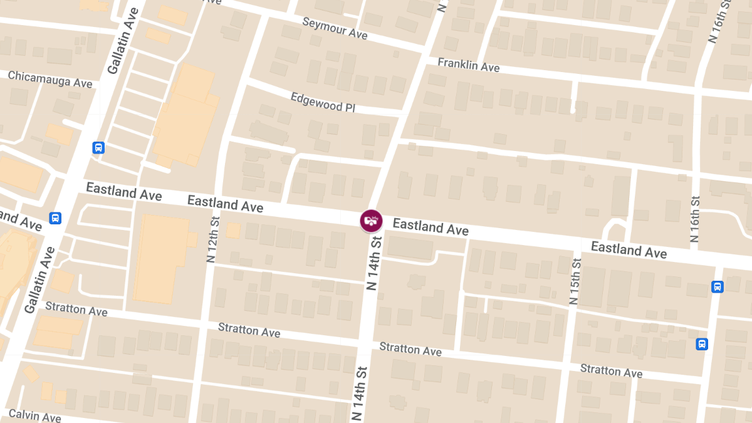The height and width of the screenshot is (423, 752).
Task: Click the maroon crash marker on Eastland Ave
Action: [x=371, y=220]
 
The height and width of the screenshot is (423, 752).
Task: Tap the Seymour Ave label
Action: [x=335, y=28]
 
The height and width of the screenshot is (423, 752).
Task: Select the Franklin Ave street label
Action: [x=468, y=65]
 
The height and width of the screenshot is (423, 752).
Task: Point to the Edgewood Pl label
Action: [x=323, y=102]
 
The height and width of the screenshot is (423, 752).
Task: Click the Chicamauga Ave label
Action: [x=50, y=80]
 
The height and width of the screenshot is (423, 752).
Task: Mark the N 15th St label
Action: [x=575, y=279]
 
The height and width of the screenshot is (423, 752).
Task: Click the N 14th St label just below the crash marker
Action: [x=374, y=263]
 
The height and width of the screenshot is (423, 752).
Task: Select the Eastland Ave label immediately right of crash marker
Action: [x=431, y=227]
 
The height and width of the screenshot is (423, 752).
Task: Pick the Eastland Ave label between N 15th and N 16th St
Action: [x=629, y=249]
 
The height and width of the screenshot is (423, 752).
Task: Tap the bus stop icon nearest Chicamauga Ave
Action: [x=98, y=148]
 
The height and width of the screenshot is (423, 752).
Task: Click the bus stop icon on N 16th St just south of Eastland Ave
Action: [x=718, y=286]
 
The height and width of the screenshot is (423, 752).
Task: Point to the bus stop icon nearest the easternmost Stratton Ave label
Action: [x=702, y=344]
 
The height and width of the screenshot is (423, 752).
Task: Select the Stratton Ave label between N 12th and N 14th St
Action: [x=249, y=329]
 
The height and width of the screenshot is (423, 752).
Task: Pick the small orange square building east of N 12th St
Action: [x=233, y=231]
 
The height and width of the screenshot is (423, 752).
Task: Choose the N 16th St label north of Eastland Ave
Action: [x=694, y=219]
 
